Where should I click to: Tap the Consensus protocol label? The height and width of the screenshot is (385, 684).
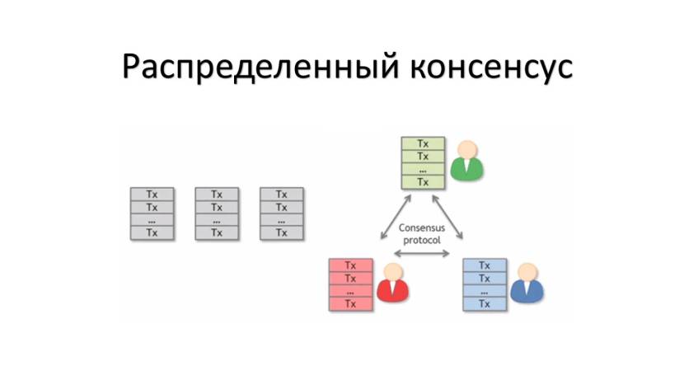tap(420, 233)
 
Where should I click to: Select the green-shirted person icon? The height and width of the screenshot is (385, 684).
tap(467, 161)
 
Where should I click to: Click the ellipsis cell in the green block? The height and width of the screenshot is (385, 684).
tap(423, 170)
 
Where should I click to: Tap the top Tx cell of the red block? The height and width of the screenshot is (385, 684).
tap(350, 265)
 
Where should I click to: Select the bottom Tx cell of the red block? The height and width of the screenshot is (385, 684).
tap(350, 304)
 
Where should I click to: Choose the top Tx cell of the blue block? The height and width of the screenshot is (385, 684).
tap(485, 265)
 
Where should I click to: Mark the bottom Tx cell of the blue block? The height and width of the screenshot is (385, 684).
tap(485, 304)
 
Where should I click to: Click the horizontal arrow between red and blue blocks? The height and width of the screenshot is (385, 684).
tap(421, 254)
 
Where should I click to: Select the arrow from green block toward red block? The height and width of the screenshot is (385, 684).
tap(395, 217)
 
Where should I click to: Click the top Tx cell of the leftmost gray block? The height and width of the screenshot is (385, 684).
tap(152, 195)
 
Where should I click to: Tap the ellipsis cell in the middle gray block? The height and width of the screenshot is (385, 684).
tap(217, 220)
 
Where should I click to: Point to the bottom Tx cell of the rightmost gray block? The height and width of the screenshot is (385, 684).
tap(282, 233)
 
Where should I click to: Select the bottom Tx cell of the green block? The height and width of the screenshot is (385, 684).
tap(423, 182)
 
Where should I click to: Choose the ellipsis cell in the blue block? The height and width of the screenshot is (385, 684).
tap(485, 291)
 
